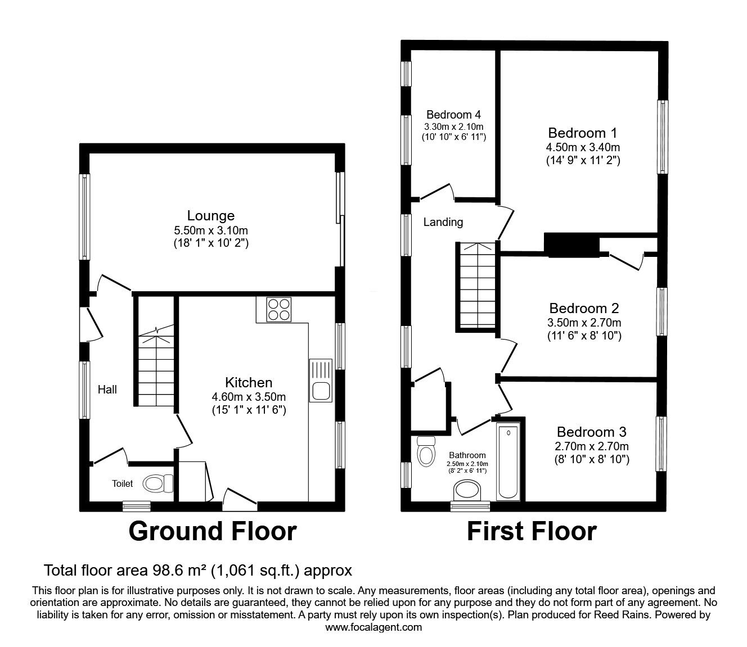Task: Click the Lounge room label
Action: [210, 215]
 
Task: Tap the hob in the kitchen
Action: [279, 309]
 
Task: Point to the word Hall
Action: [107, 389]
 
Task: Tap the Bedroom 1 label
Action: [582, 133]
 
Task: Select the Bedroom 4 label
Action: [453, 114]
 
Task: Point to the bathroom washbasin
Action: [467, 490]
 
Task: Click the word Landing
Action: [443, 222]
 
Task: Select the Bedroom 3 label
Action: [591, 432]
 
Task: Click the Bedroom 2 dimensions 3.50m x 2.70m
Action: [584, 323]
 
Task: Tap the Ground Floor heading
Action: [212, 531]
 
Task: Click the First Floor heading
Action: [532, 531]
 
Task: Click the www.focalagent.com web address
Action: [373, 627]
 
